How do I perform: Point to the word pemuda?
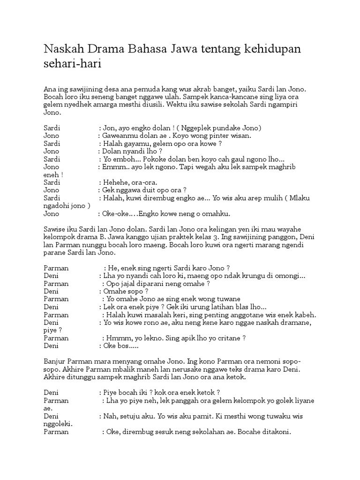150,89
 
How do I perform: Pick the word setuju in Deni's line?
134,415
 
